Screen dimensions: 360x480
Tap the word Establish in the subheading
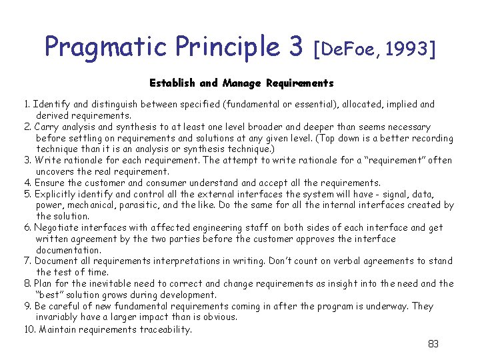[x=173, y=83]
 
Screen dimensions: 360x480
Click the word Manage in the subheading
[x=241, y=83]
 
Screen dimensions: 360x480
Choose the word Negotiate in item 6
[x=59, y=227]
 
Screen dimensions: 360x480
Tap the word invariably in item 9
[x=58, y=317]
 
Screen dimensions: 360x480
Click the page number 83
[x=433, y=344]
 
